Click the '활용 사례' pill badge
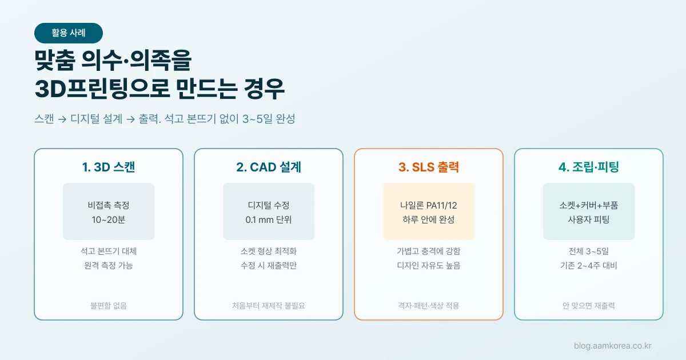[69, 33]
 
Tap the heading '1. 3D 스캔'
[109, 167]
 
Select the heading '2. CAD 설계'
[269, 167]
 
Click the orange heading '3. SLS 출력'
[428, 167]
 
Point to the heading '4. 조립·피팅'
[589, 167]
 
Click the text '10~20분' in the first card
[109, 220]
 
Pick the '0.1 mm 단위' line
[269, 220]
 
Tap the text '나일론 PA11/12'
[428, 205]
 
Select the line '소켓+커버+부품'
[589, 205]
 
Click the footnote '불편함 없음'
[109, 306]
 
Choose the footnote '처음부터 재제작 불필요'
[269, 306]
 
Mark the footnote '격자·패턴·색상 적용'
[428, 306]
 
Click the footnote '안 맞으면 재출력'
[589, 306]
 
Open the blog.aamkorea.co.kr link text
[612, 346]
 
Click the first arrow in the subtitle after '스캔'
[62, 119]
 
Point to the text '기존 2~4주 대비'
[589, 265]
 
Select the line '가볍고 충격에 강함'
[428, 251]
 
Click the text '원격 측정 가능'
[109, 265]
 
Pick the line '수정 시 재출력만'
[269, 265]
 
